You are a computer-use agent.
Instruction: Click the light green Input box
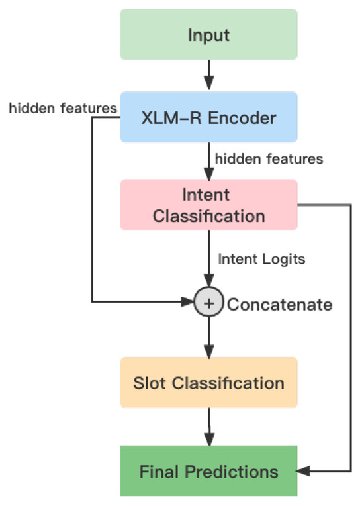(x=208, y=34)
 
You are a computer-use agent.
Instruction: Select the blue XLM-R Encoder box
(x=208, y=117)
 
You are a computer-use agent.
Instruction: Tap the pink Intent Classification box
(x=208, y=205)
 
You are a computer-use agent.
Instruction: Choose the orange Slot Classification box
(x=208, y=383)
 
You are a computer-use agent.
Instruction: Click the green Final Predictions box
(x=208, y=472)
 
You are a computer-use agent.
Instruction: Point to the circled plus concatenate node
(x=208, y=303)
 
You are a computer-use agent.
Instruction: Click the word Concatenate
(x=279, y=305)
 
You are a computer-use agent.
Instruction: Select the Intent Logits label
(x=261, y=260)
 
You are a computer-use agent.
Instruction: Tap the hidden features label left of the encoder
(x=63, y=108)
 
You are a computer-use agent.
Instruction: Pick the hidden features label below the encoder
(x=268, y=159)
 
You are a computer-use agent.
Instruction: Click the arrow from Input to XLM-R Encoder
(x=208, y=75)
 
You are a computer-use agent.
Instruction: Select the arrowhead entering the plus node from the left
(x=188, y=303)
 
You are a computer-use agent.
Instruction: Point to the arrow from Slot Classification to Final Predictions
(x=208, y=427)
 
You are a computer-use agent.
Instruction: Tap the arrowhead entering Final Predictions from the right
(x=303, y=472)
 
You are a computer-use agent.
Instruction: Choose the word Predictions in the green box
(x=236, y=472)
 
